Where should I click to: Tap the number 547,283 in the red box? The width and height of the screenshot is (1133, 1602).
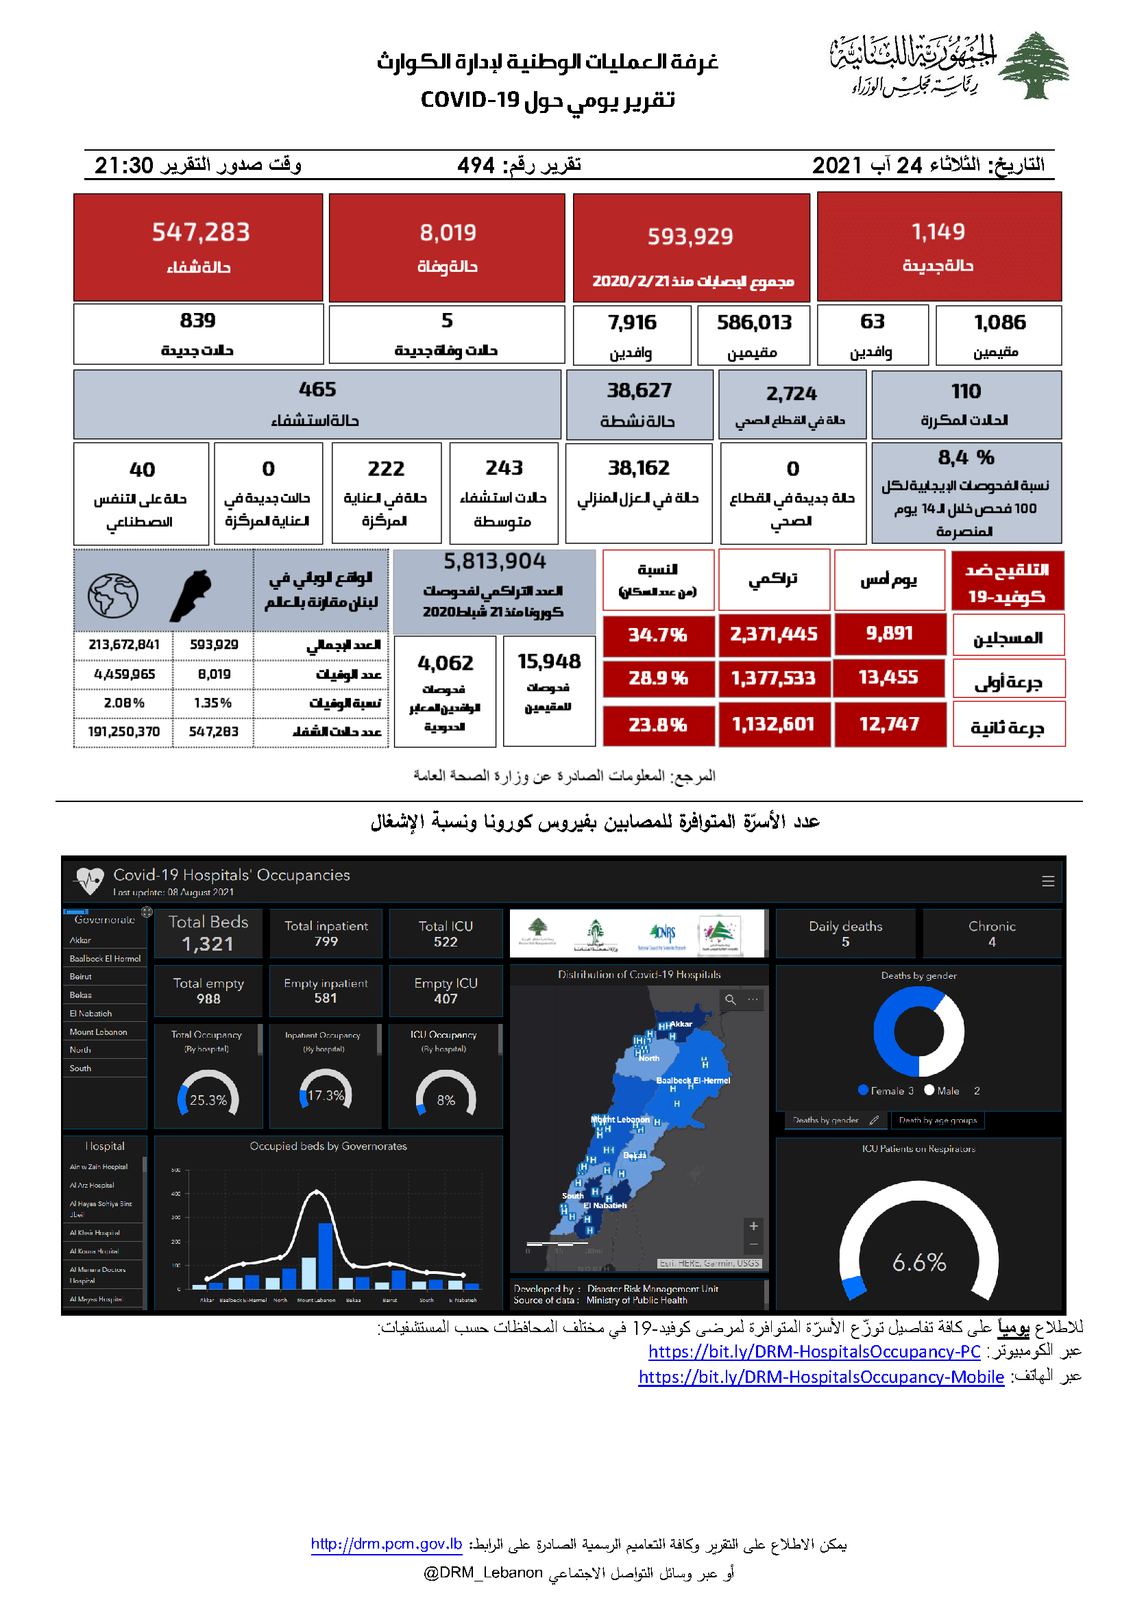[x=200, y=232]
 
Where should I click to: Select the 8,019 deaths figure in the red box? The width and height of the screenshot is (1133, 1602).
[x=448, y=232]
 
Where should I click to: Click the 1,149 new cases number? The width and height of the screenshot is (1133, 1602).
[x=938, y=231]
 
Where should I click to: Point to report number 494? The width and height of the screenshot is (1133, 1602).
[x=476, y=165]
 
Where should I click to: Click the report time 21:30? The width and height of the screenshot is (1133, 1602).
[x=123, y=165]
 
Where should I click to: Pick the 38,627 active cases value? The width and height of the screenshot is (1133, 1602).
[x=639, y=390]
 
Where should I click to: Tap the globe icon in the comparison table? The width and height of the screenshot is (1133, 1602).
[x=113, y=595]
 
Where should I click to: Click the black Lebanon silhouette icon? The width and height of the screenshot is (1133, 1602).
[x=190, y=595]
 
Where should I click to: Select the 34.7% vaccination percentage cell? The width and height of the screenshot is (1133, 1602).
[x=657, y=634]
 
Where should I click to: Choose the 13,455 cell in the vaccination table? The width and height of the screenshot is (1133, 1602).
[x=888, y=677]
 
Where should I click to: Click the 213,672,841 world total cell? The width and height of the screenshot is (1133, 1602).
[x=123, y=644]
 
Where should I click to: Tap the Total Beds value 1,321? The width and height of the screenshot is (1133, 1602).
[x=208, y=944]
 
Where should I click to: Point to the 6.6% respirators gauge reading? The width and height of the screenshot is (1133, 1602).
[x=918, y=1262]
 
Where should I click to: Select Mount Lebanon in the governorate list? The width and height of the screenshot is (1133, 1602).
[x=99, y=1032]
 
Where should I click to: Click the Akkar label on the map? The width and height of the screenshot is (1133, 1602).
[x=681, y=1024]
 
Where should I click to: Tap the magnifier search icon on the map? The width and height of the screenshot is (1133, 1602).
[x=730, y=1000]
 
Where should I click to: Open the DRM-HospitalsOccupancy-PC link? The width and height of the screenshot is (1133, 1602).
[x=814, y=1351]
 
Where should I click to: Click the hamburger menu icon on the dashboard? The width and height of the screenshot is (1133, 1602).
[x=1048, y=882]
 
